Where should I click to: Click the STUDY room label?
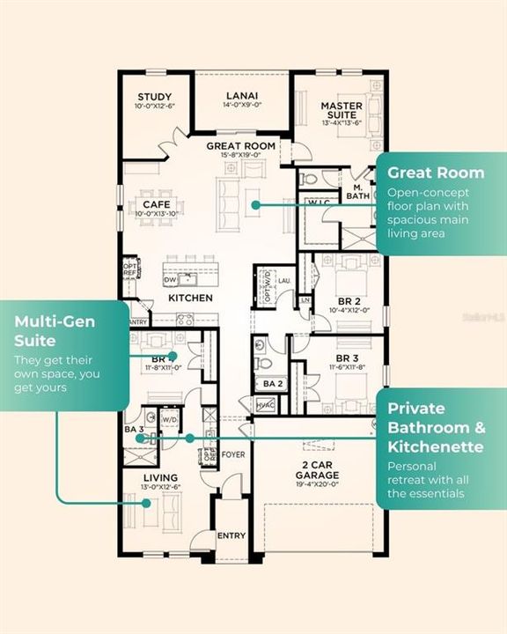(x=155, y=97)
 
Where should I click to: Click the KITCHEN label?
(x=190, y=299)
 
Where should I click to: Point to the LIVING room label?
(x=160, y=477)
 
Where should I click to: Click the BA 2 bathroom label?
(x=272, y=384)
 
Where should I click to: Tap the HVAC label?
(x=265, y=403)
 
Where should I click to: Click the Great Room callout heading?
(x=436, y=172)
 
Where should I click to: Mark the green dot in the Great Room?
(x=254, y=204)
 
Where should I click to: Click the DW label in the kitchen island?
(x=169, y=279)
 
